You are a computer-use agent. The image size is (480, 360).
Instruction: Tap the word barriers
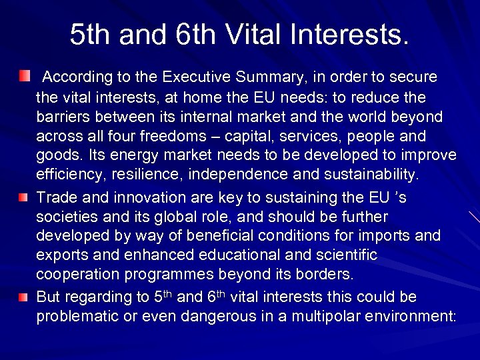(x=65, y=117)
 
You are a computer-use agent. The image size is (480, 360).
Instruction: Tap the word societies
(x=69, y=217)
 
